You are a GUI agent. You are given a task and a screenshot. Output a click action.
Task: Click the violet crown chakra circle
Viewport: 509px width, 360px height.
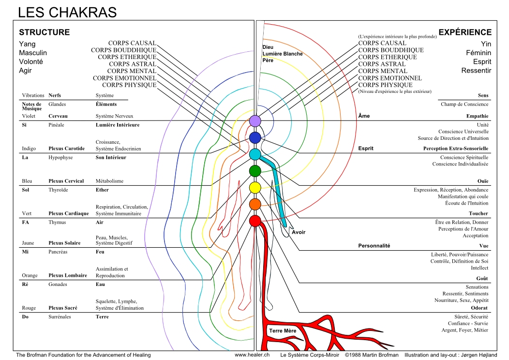[x=255, y=121]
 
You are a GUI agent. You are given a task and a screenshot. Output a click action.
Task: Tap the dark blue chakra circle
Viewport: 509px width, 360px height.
[x=255, y=137]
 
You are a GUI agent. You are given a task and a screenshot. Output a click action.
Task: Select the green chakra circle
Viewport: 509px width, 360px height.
[x=255, y=171]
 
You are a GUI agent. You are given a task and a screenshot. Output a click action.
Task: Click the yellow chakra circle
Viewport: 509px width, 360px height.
[x=255, y=188]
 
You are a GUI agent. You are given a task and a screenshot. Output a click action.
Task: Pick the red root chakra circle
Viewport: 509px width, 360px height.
[x=255, y=221]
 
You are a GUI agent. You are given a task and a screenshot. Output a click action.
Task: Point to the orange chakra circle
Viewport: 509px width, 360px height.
[x=255, y=204]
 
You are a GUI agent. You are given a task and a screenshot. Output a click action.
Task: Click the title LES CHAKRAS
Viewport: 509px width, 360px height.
[x=67, y=12]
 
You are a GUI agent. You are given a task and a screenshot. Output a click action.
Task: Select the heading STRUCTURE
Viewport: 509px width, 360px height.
[x=45, y=32]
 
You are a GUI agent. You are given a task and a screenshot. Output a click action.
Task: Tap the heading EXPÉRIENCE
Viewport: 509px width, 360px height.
[x=465, y=32]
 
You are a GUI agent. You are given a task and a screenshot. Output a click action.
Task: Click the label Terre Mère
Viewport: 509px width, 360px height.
[x=283, y=331]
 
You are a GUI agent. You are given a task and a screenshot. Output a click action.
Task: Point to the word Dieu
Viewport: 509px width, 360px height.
[x=268, y=47]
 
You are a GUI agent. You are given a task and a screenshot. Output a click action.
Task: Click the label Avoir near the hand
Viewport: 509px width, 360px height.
[x=299, y=232]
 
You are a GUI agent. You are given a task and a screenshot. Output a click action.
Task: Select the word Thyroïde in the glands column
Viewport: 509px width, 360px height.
[x=59, y=190]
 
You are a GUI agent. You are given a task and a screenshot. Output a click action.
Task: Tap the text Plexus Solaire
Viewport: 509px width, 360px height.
[x=65, y=243]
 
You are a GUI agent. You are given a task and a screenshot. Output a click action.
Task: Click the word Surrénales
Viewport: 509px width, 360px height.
[x=60, y=317]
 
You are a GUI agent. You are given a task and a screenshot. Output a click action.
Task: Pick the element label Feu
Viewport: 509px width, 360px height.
[x=100, y=252]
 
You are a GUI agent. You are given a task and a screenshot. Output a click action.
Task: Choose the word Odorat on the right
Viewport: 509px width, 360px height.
[x=479, y=308]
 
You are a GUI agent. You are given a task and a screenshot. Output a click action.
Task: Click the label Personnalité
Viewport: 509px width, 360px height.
[x=374, y=246]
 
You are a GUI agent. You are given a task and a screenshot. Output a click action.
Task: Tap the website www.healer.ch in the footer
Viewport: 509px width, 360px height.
[x=252, y=355]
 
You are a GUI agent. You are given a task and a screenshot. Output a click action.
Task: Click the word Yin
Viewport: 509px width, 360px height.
[x=486, y=44]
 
